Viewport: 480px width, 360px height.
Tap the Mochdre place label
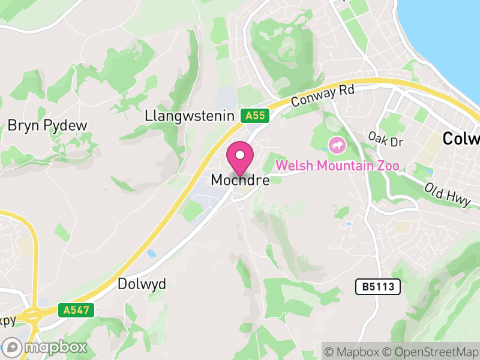pos(240,180)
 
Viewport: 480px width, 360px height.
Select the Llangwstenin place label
pos(189,116)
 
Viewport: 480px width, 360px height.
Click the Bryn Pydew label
pos(47,125)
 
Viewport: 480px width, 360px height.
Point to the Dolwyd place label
pos(142,284)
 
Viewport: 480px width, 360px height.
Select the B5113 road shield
pos(378,287)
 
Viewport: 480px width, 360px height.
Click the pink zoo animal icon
pos(337,144)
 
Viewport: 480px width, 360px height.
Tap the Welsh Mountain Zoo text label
pos(337,166)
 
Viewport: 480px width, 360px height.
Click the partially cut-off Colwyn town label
pos(461,139)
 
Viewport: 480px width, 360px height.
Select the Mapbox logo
pos(45,347)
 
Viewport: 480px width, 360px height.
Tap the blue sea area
pos(450,30)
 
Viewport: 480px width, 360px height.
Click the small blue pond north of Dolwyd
pos(152,254)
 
